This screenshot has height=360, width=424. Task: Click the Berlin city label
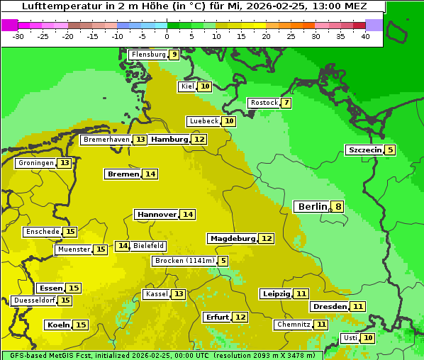[x=312, y=207]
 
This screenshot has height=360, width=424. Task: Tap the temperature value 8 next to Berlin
[x=338, y=207]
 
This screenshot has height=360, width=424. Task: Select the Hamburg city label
[x=169, y=140]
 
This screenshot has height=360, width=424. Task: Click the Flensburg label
[x=148, y=55]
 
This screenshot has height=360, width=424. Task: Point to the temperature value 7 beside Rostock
[x=286, y=103]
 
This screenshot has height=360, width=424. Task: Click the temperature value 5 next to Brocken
[x=223, y=261]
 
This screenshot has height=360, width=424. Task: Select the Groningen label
[x=36, y=163]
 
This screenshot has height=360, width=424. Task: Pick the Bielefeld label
[x=148, y=246]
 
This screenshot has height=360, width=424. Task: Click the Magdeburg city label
[x=232, y=238]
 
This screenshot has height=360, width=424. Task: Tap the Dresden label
[x=330, y=307]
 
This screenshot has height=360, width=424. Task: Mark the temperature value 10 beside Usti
[x=368, y=338]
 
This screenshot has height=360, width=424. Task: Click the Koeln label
[x=58, y=325]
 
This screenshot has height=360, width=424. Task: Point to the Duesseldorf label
[x=34, y=300]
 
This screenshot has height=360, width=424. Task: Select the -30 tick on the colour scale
[x=18, y=36]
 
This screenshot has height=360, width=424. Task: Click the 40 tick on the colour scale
[x=365, y=36]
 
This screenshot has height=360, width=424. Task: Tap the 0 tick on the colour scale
[x=167, y=36]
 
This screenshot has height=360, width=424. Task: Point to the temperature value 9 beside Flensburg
[x=174, y=55]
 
